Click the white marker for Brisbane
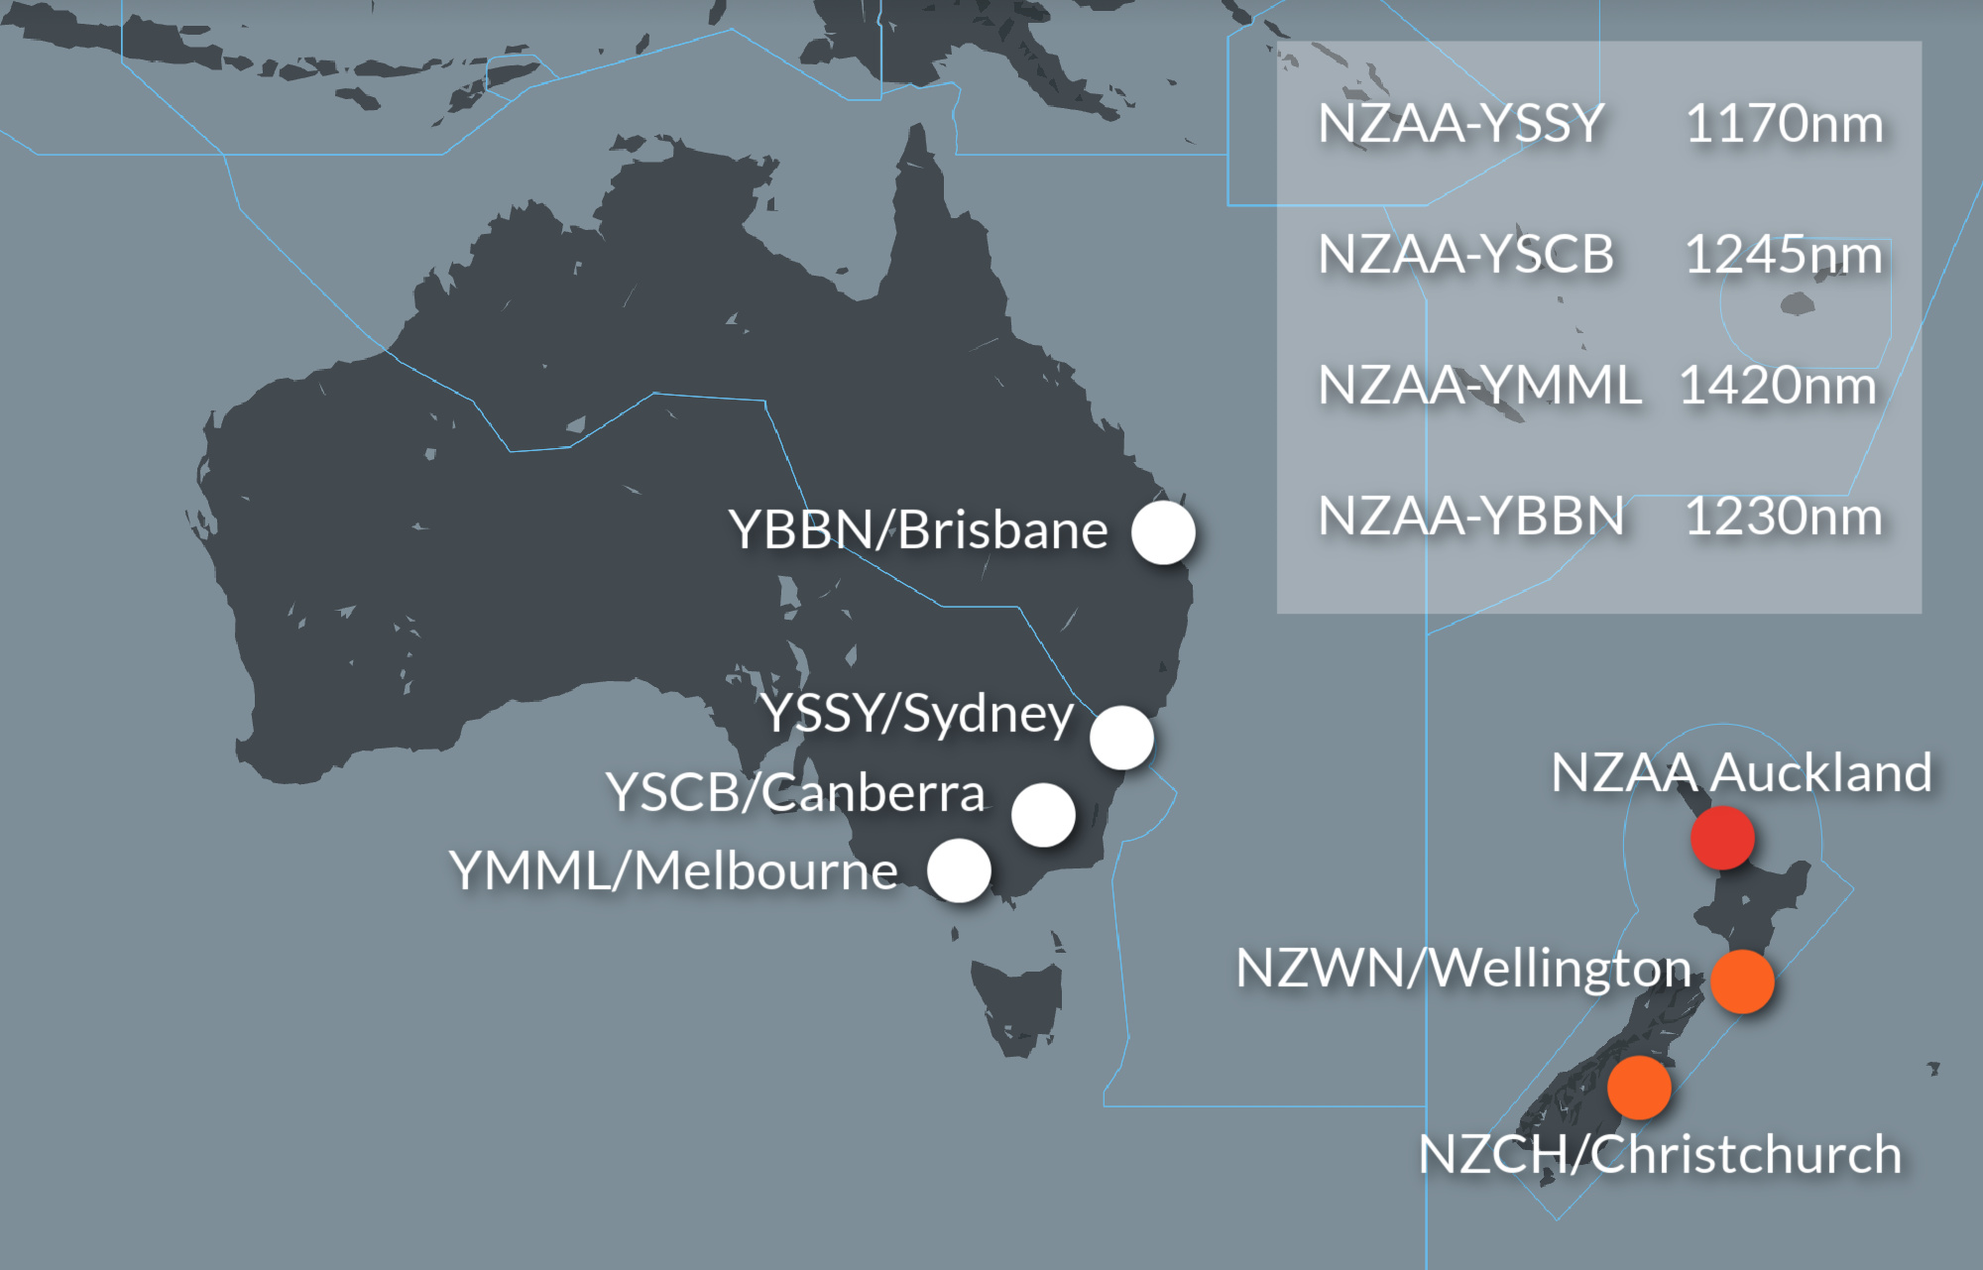[1163, 532]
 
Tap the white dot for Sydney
[1121, 738]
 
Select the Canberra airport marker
[1043, 815]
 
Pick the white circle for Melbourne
[959, 870]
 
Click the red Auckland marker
[1722, 838]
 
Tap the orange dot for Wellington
[1742, 981]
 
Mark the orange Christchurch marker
[1639, 1088]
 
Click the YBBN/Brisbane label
[918, 530]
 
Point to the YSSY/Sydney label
[918, 714]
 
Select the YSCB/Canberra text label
[795, 793]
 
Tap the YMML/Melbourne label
[674, 871]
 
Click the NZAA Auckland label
[1741, 772]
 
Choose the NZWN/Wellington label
[1463, 968]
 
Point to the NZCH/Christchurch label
[1660, 1155]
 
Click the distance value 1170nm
[1784, 124]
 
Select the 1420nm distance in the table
[1778, 386]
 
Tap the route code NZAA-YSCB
[1465, 255]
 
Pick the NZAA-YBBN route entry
[1470, 517]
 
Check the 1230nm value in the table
[1784, 517]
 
